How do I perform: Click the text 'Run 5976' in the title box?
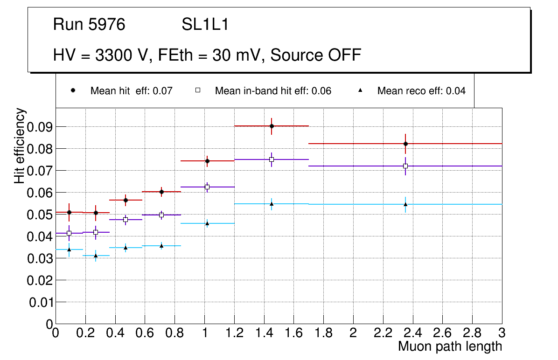pyautogui.click(x=89, y=25)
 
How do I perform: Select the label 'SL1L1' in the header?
pyautogui.click(x=205, y=25)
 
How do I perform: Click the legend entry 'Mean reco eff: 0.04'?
pyautogui.click(x=421, y=91)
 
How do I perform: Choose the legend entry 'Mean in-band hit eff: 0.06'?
pyautogui.click(x=273, y=91)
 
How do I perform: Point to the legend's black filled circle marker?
pyautogui.click(x=73, y=90)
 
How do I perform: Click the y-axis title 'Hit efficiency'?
pyautogui.click(x=20, y=145)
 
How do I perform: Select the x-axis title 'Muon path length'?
pyautogui.click(x=450, y=346)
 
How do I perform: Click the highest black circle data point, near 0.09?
pyautogui.click(x=272, y=126)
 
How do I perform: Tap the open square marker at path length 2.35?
pyautogui.click(x=405, y=166)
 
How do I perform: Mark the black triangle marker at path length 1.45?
pyautogui.click(x=272, y=203)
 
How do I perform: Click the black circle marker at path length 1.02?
pyautogui.click(x=207, y=161)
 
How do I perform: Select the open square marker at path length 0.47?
pyautogui.click(x=126, y=220)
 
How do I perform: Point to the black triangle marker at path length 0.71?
pyautogui.click(x=161, y=246)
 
